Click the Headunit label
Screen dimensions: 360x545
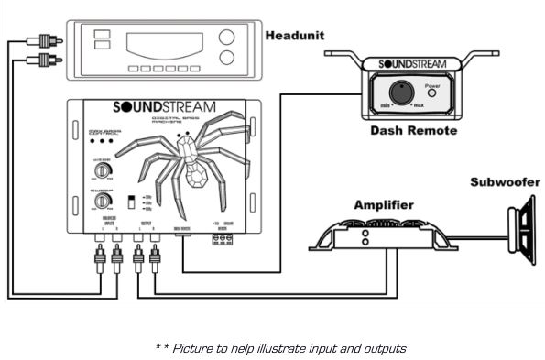(296, 37)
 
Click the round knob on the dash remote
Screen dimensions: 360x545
(399, 93)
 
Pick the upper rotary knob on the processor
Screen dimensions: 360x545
(104, 171)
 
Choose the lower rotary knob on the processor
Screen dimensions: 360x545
(104, 200)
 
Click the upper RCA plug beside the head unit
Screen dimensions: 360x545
(42, 41)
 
